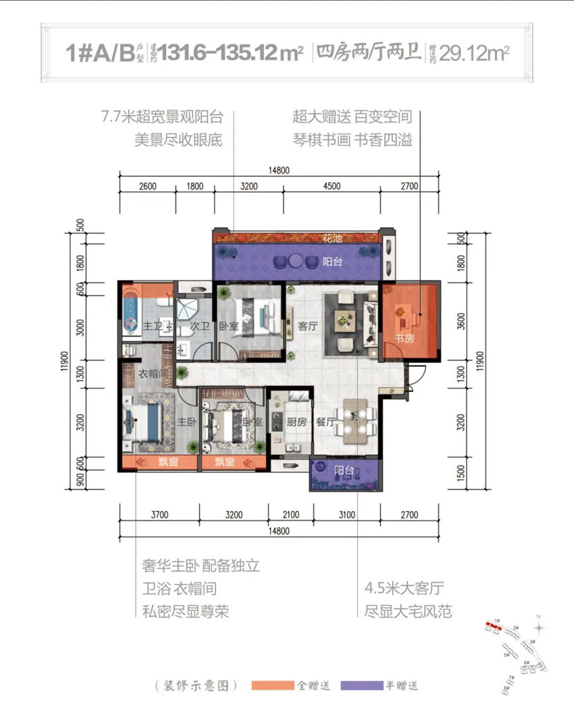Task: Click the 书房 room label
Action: (405, 337)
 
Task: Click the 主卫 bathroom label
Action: (153, 326)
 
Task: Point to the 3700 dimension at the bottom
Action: (160, 516)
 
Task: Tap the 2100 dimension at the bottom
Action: (290, 516)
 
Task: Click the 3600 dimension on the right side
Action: (462, 323)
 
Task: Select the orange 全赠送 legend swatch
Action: (272, 686)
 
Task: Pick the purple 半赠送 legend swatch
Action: (363, 686)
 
